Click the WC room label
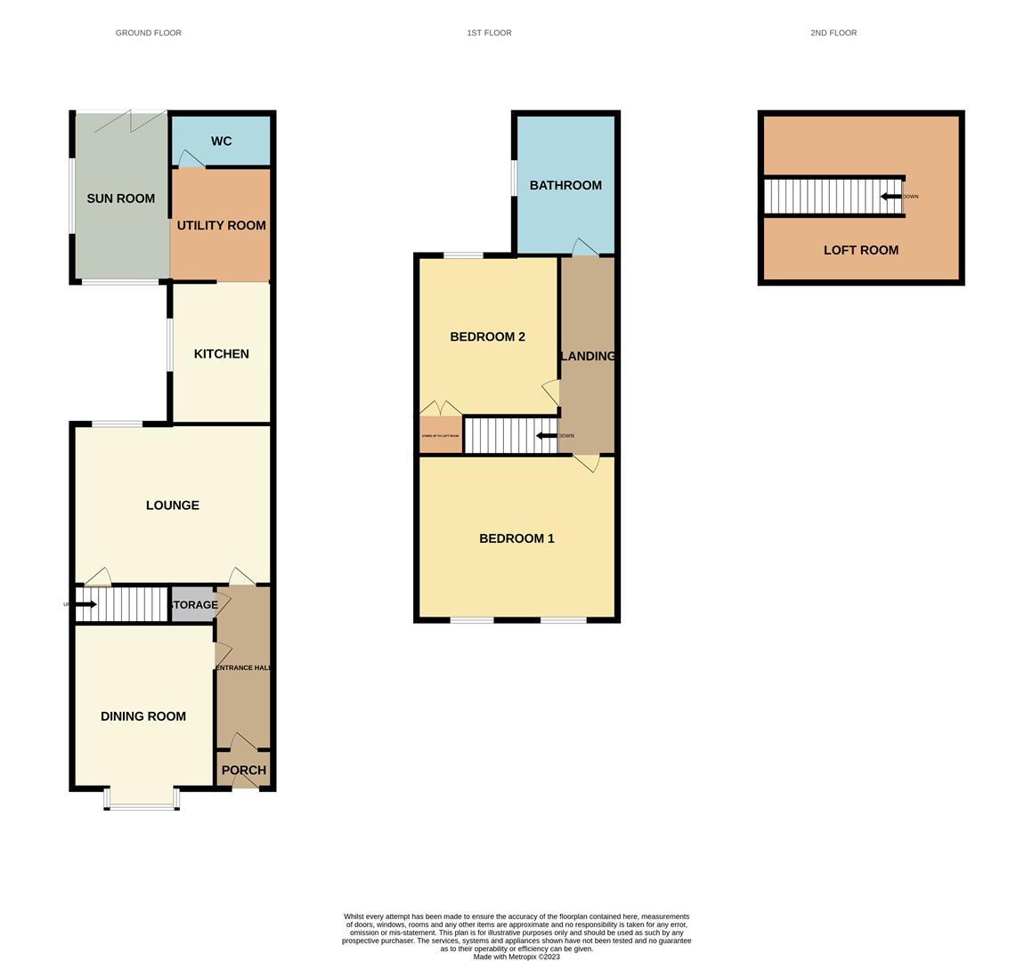click(x=221, y=141)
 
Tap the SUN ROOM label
click(x=120, y=198)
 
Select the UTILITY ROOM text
click(x=221, y=225)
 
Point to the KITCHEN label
click(x=221, y=353)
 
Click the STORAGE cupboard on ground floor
click(x=193, y=605)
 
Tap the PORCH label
click(x=243, y=771)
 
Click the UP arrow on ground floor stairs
click(x=85, y=604)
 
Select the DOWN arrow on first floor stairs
click(x=546, y=436)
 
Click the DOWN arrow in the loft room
click(x=891, y=197)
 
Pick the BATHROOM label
click(x=565, y=185)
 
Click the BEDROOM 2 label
click(x=487, y=336)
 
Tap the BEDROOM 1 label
click(x=516, y=538)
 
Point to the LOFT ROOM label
click(x=860, y=250)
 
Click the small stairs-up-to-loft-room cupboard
click(x=441, y=436)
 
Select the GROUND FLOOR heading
click(x=149, y=33)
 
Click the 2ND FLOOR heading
click(x=834, y=33)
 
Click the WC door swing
click(x=191, y=159)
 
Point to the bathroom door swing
click(x=584, y=246)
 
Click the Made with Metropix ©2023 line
click(x=516, y=957)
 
